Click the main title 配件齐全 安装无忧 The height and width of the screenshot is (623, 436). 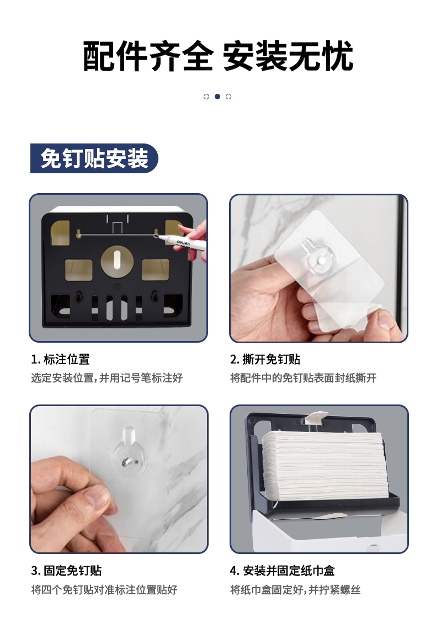(x=218, y=56)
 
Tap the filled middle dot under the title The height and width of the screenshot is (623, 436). (x=217, y=97)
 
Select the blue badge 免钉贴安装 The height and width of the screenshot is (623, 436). (x=94, y=158)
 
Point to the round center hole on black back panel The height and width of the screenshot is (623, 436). (x=117, y=262)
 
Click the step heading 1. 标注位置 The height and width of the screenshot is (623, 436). (x=60, y=359)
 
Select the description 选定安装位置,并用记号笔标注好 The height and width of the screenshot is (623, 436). (x=107, y=378)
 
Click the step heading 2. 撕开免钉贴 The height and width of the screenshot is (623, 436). (x=265, y=359)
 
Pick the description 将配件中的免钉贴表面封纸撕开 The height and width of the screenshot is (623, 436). (x=303, y=378)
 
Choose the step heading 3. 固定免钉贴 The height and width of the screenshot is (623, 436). (x=66, y=571)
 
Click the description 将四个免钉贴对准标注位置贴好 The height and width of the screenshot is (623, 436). (x=104, y=590)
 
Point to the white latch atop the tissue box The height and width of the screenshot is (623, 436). (x=317, y=417)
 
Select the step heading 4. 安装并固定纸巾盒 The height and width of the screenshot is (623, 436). (x=282, y=571)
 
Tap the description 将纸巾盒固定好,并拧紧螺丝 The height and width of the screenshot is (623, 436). (x=295, y=590)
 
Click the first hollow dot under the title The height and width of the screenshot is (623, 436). (x=206, y=97)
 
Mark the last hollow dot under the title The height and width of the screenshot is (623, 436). (x=228, y=97)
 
